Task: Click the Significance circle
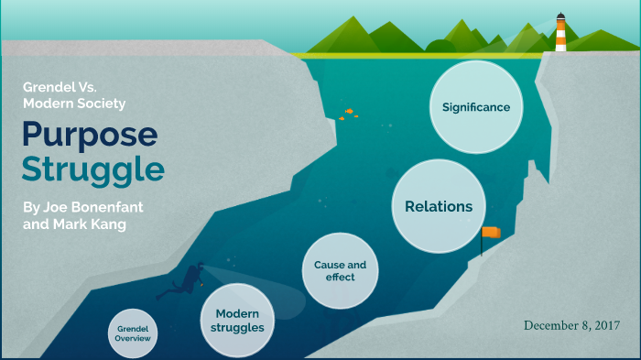point(475,107)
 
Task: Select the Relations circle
point(439,206)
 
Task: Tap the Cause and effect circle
point(340,271)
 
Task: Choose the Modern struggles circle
point(237,320)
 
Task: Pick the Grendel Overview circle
point(133,333)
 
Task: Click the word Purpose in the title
point(90,134)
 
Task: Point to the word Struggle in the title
point(93,170)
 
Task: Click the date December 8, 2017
point(572,325)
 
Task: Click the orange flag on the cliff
point(493,233)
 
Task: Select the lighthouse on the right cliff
point(560,35)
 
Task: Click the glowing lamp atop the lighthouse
point(560,18)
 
